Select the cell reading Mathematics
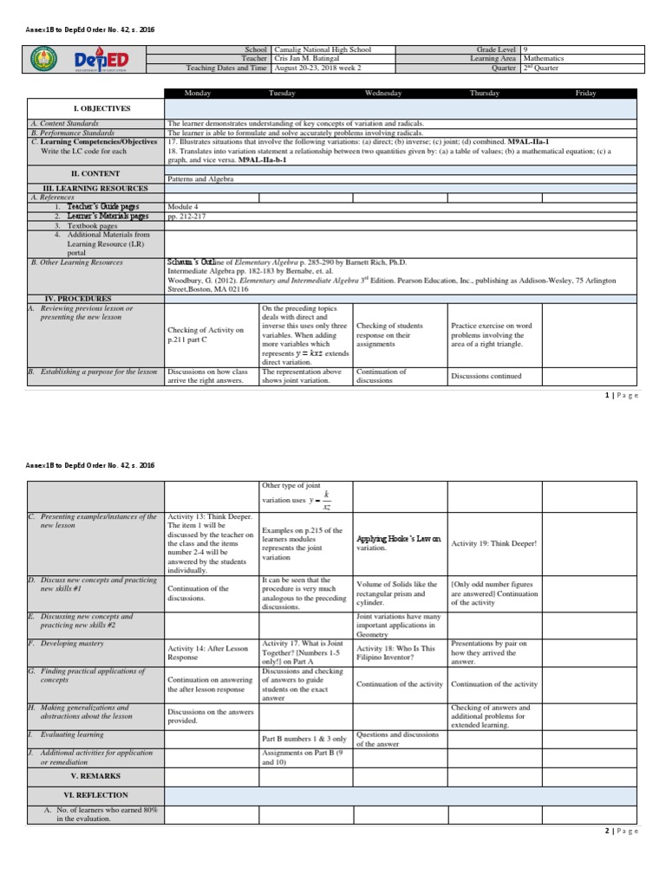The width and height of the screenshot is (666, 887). point(543,58)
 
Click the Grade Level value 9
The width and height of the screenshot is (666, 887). point(526,49)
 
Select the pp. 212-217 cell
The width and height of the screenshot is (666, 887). point(184,217)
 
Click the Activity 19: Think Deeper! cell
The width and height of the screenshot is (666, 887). point(493,543)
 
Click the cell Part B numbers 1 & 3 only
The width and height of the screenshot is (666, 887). point(304,739)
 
